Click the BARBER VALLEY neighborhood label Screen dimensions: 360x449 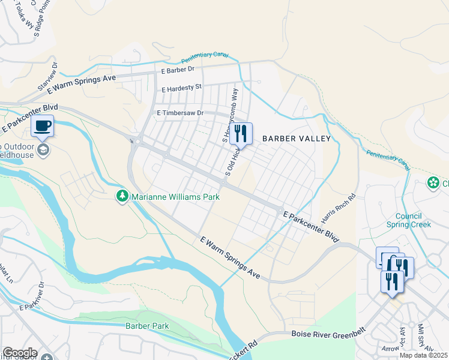pos(297,139)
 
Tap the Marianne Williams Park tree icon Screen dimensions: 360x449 pos(122,196)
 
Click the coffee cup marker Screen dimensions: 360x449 pos(42,127)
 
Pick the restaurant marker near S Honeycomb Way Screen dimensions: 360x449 pos(241,134)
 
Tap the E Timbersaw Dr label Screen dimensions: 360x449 pos(180,113)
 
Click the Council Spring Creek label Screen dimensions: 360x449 pos(413,221)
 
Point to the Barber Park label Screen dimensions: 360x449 pos(147,326)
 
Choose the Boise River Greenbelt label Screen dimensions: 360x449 pos(326,334)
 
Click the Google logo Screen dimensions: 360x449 pos(20,353)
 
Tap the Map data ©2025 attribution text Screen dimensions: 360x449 pos(424,356)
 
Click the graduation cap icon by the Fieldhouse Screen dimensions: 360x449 pos(43,149)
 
